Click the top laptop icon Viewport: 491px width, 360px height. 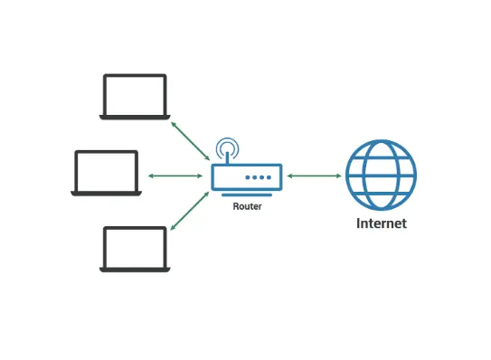(x=134, y=96)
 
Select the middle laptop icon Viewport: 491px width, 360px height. (x=107, y=173)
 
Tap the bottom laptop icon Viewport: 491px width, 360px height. (x=134, y=248)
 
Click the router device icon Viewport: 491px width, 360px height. (x=246, y=175)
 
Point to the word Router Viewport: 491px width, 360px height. (x=247, y=206)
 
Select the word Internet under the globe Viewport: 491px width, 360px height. (x=381, y=223)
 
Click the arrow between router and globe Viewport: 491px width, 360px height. (x=313, y=175)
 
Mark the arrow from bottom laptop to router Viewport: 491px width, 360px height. (x=186, y=213)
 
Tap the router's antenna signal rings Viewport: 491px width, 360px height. (x=227, y=147)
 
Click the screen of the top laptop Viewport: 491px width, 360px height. (x=134, y=93)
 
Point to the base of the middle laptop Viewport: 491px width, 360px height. (x=107, y=193)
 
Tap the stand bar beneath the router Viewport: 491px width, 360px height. (x=246, y=194)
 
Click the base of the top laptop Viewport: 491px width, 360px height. (x=134, y=116)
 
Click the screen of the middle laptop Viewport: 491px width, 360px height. (x=107, y=170)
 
